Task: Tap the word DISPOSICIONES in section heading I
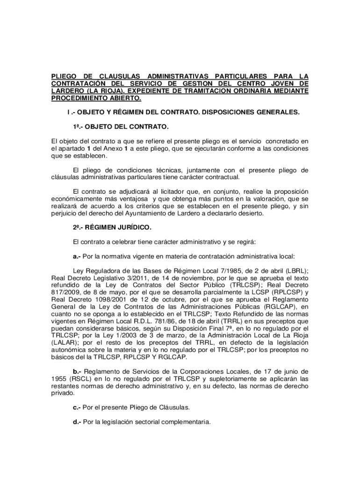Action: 226,113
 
